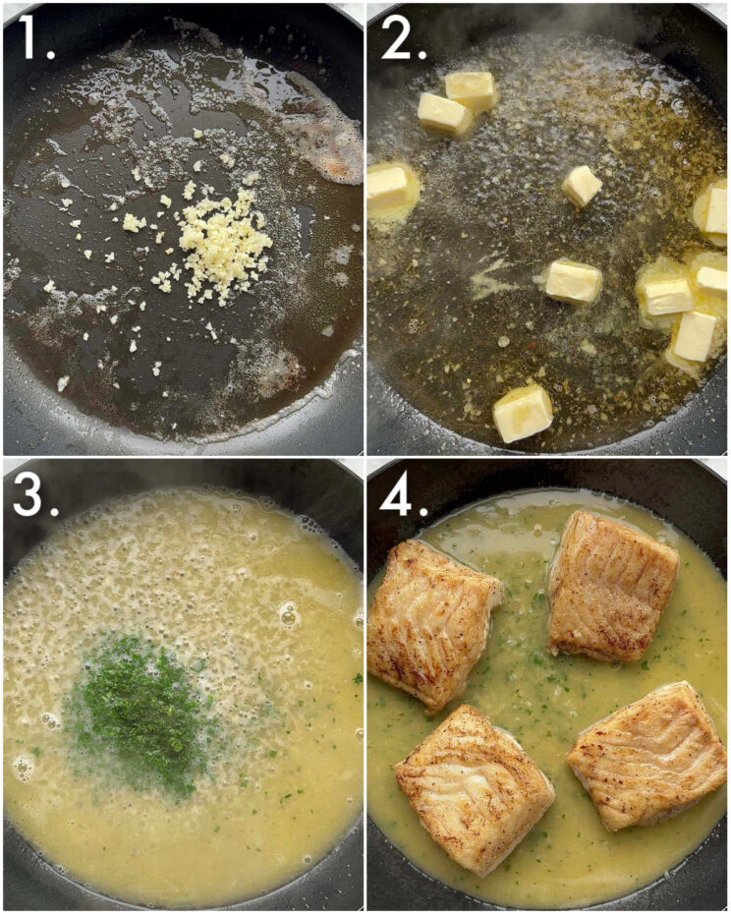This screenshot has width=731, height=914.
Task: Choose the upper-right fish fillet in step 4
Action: pyautogui.click(x=611, y=585)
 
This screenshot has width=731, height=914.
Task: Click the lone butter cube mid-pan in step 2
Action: pyautogui.click(x=582, y=185)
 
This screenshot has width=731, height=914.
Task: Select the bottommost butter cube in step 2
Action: pyautogui.click(x=523, y=413)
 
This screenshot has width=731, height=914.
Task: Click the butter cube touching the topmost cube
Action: pyautogui.click(x=444, y=114)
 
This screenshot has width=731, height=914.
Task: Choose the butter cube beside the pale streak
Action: pyautogui.click(x=572, y=281)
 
